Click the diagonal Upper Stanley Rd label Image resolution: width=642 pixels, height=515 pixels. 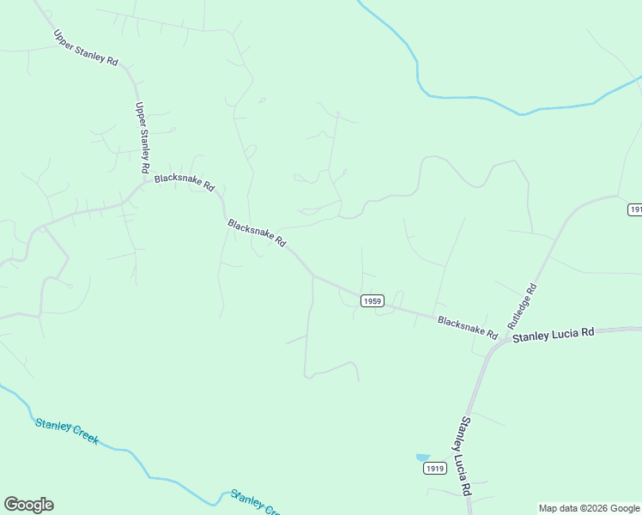pos(86,48)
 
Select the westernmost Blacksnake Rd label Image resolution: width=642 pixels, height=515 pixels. pos(185,183)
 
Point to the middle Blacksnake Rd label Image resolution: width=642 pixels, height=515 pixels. pos(257,233)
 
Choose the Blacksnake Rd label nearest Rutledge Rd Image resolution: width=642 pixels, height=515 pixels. pos(468,326)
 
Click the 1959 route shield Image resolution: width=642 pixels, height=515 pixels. pos(372,300)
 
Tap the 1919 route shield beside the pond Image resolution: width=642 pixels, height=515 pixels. pos(434,469)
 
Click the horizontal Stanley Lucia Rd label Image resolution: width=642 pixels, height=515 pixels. pos(554,335)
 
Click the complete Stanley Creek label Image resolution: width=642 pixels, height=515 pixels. pos(67,431)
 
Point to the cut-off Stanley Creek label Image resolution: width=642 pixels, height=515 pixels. pos(255,504)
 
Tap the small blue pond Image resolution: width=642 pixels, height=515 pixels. pos(422,457)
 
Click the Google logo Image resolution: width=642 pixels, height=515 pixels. pos(28,505)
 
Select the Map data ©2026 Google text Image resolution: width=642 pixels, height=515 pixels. pos(590,508)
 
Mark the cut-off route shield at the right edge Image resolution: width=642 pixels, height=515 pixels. pos(635,209)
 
